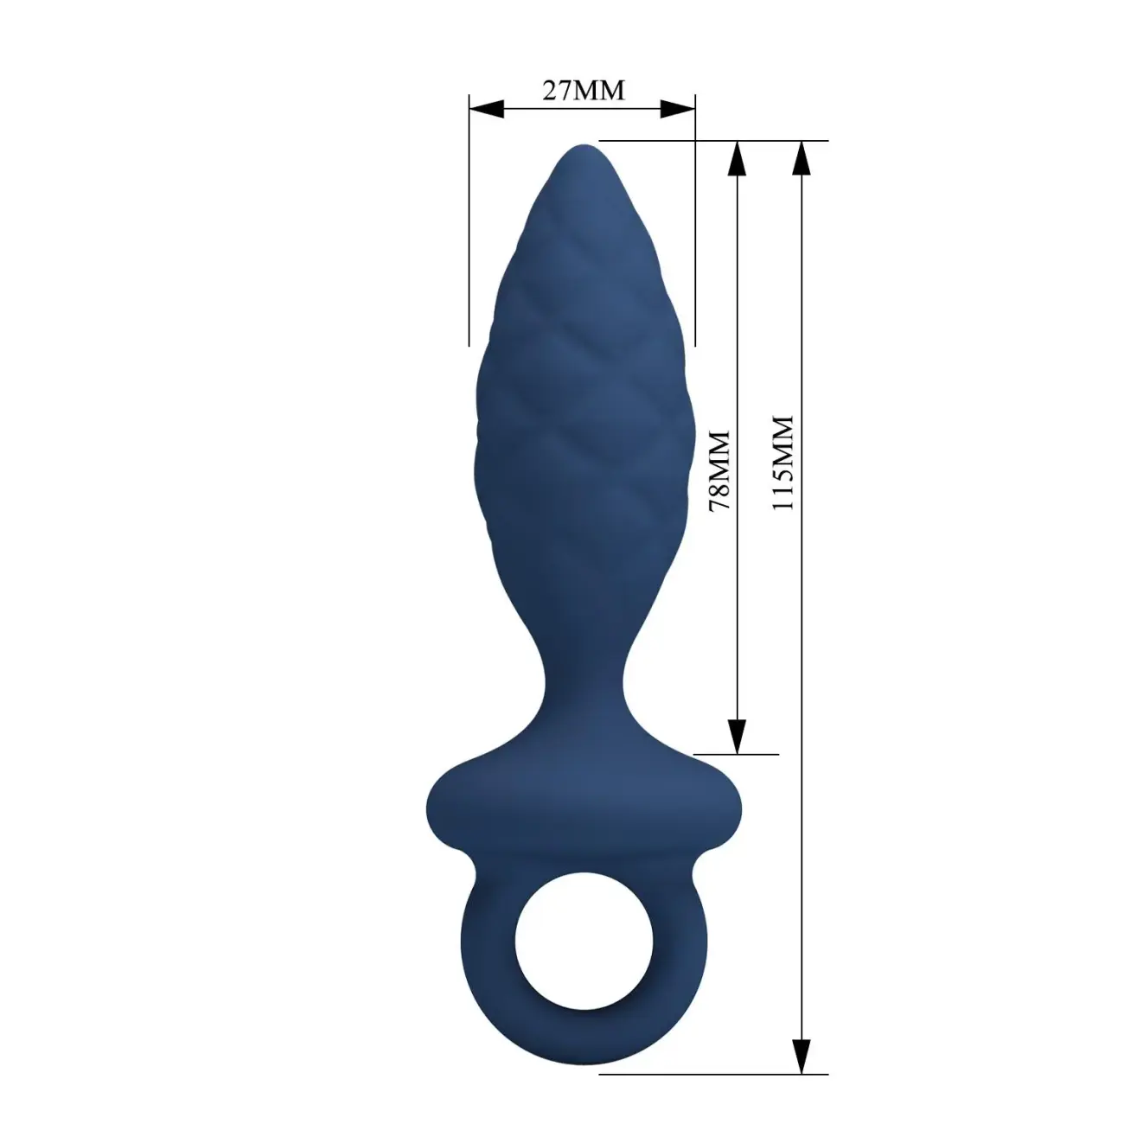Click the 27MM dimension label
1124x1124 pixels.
[584, 91]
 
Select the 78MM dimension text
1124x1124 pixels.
[719, 471]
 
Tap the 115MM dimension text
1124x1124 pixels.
[782, 463]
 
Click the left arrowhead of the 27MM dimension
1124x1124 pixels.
[487, 108]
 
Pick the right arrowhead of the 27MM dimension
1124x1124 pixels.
[678, 108]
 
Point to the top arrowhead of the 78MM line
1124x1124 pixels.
[738, 158]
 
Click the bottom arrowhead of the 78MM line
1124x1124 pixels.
[738, 737]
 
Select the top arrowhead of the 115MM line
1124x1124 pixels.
[802, 158]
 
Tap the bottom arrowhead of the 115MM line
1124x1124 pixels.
[802, 1040]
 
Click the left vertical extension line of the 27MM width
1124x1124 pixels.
[469, 220]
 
